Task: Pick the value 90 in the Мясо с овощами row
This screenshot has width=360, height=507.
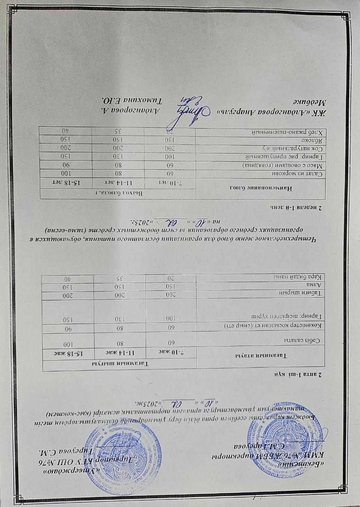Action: (x=66, y=165)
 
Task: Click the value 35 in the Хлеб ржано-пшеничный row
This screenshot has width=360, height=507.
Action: (x=118, y=131)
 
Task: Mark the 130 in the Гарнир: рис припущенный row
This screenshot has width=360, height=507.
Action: (x=120, y=156)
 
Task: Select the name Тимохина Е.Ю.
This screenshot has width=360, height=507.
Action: (x=125, y=100)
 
